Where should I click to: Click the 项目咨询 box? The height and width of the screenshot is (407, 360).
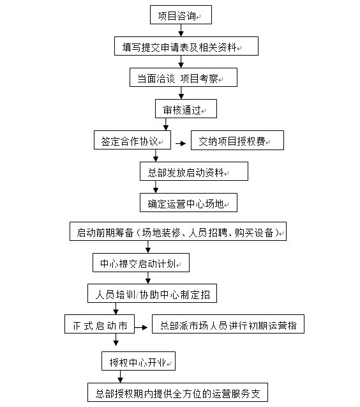181,15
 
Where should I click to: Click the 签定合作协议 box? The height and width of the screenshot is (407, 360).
132,141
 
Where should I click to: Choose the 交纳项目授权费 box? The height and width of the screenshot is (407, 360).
237,141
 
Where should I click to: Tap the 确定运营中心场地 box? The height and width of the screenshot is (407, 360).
188,203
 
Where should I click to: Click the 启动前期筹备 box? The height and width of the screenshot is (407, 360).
178,232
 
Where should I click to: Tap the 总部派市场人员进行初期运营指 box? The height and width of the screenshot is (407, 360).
229,325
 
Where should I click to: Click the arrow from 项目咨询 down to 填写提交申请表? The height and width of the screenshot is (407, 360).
181,31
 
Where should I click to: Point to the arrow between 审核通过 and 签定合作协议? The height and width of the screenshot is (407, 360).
166,125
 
